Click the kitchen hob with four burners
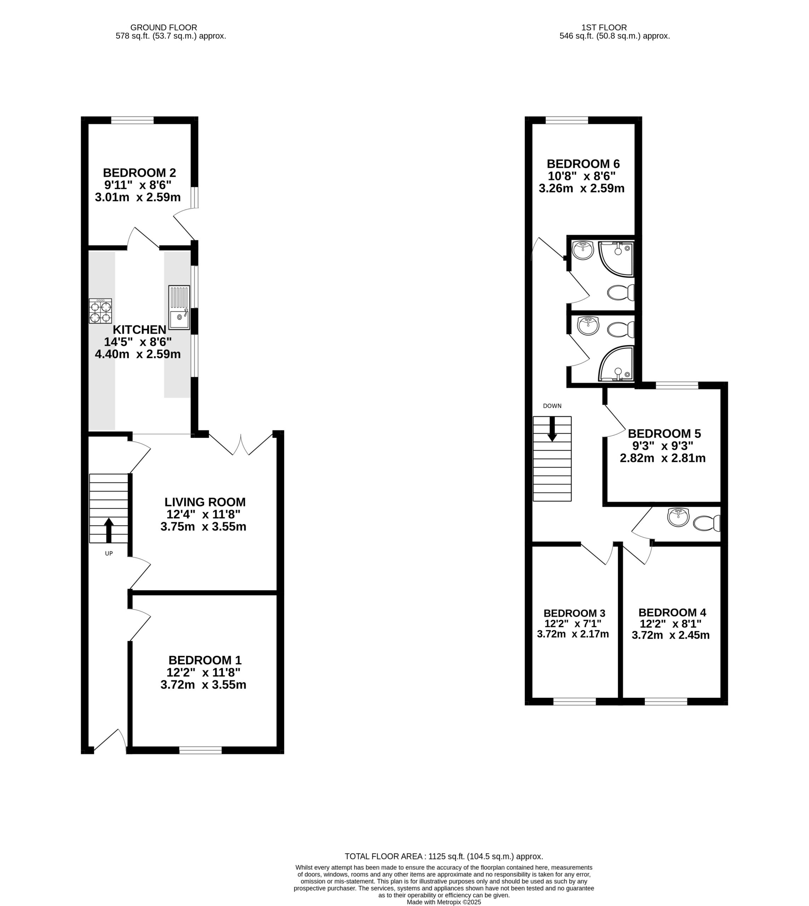(101, 311)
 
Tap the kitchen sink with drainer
(179, 307)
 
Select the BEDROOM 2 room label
(139, 172)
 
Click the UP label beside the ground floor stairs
(109, 554)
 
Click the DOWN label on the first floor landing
(552, 406)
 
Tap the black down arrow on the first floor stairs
(552, 429)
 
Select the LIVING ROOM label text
(205, 502)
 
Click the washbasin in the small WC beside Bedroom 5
(678, 517)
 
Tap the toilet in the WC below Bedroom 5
(707, 523)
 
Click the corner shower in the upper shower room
(616, 259)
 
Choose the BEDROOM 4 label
(672, 612)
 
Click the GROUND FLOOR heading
(163, 28)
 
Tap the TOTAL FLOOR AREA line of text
(444, 856)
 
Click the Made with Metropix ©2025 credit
(444, 902)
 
